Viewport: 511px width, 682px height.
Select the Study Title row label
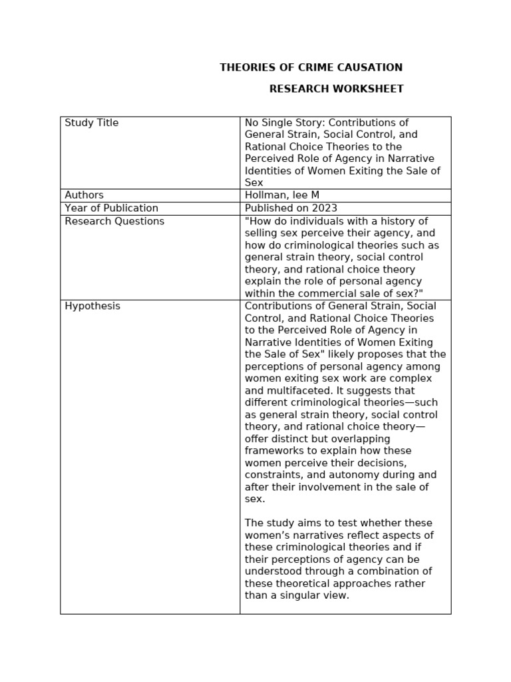(x=92, y=123)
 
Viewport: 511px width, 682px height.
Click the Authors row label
(x=84, y=195)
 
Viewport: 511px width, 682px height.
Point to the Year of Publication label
(x=111, y=208)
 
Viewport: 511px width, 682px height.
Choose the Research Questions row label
(x=114, y=221)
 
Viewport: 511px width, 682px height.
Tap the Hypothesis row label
(x=92, y=306)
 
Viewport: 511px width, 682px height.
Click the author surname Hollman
(x=265, y=195)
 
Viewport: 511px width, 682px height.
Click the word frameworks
(x=273, y=451)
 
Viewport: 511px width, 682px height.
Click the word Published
(x=269, y=208)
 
